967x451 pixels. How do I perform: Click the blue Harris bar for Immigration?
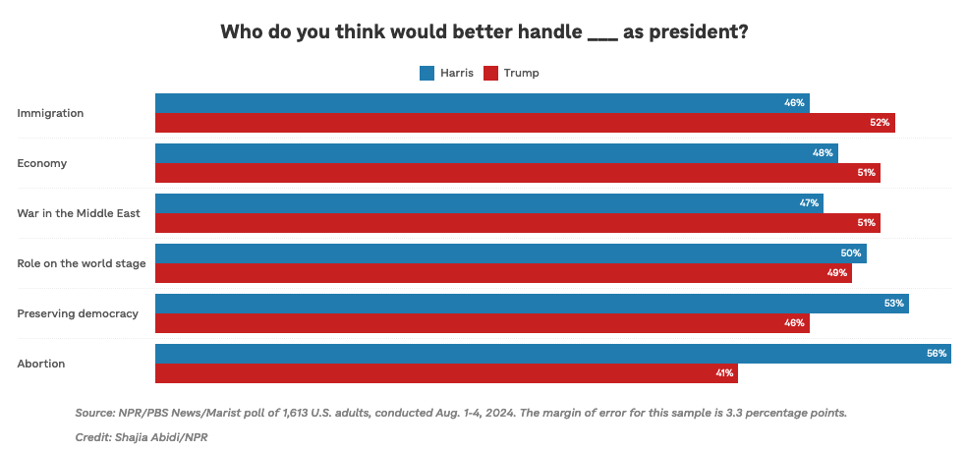click(482, 103)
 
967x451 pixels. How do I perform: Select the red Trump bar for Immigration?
click(525, 123)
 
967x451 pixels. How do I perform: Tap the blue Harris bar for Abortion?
click(552, 354)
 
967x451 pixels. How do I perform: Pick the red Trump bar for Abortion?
click(446, 373)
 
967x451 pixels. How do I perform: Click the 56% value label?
click(936, 354)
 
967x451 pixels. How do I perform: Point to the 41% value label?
click(723, 373)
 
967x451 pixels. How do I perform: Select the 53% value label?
click(893, 304)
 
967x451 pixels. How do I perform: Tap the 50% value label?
click(851, 254)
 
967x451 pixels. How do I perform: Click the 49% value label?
click(837, 273)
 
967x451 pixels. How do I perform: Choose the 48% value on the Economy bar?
click(823, 153)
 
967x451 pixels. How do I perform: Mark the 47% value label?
click(809, 203)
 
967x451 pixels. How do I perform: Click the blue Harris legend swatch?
click(427, 73)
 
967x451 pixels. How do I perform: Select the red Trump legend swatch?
click(491, 73)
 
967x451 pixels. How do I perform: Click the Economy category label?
click(42, 163)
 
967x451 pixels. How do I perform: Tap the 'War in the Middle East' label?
click(79, 213)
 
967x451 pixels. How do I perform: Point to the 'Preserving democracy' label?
click(78, 313)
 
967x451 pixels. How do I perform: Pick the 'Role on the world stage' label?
click(82, 263)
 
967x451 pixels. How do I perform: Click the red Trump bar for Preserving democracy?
click(482, 323)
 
